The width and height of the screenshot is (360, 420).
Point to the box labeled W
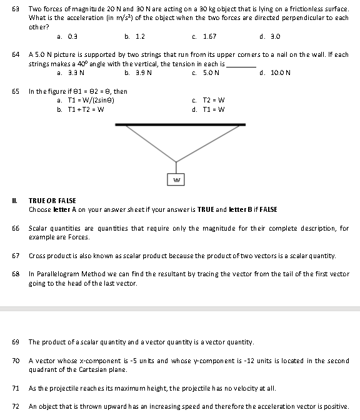coord(176,180)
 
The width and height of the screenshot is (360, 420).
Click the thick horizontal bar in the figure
coord(180,124)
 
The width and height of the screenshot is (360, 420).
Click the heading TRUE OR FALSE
coord(52,201)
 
